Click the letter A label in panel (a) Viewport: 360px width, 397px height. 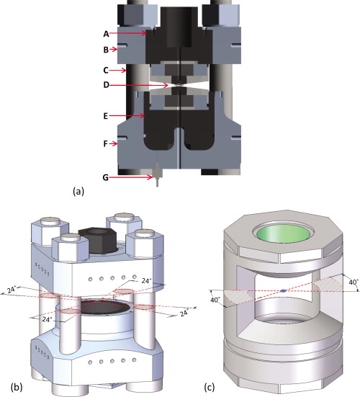point(107,33)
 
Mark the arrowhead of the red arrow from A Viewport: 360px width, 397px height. point(152,33)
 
